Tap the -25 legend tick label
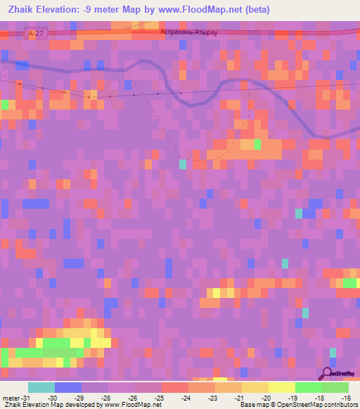[x=160, y=397]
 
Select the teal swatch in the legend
[x=41, y=387]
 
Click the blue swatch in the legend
[x=67, y=387]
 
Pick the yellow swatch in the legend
[x=281, y=387]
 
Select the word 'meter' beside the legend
[x=11, y=397]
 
